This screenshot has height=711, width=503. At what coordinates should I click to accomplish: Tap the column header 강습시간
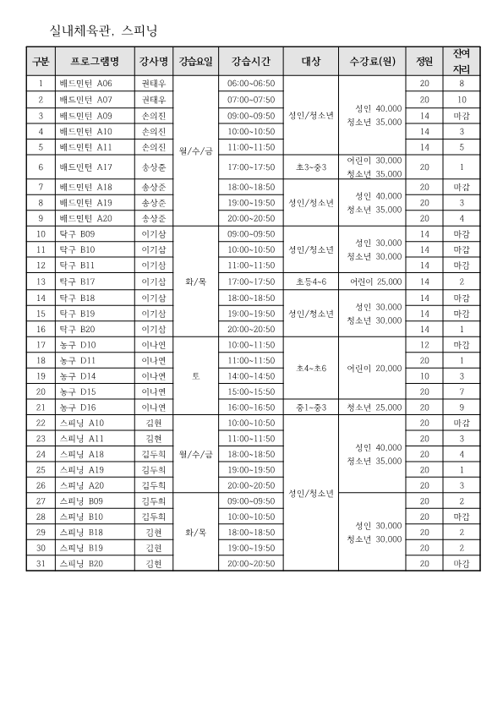point(251,62)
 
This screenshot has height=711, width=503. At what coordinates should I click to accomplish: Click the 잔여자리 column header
point(461,62)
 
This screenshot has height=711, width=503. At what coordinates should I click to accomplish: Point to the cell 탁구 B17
point(77,281)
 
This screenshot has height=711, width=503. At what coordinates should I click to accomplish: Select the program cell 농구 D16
point(77,407)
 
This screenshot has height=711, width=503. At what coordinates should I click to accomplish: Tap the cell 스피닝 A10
point(81,423)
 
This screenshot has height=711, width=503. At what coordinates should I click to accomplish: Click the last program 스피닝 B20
point(81,563)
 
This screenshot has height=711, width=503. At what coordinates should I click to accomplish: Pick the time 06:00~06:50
point(251,84)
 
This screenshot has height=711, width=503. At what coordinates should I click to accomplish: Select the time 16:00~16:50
point(251,407)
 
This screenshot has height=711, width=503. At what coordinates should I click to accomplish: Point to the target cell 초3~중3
point(310,167)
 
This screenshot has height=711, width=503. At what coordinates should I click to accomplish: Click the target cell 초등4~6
point(310,281)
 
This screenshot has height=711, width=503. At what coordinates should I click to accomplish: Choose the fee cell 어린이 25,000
point(372,281)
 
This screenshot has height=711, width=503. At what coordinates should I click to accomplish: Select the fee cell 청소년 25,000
point(372,407)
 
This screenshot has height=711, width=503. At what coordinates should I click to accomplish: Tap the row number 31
point(41,563)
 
